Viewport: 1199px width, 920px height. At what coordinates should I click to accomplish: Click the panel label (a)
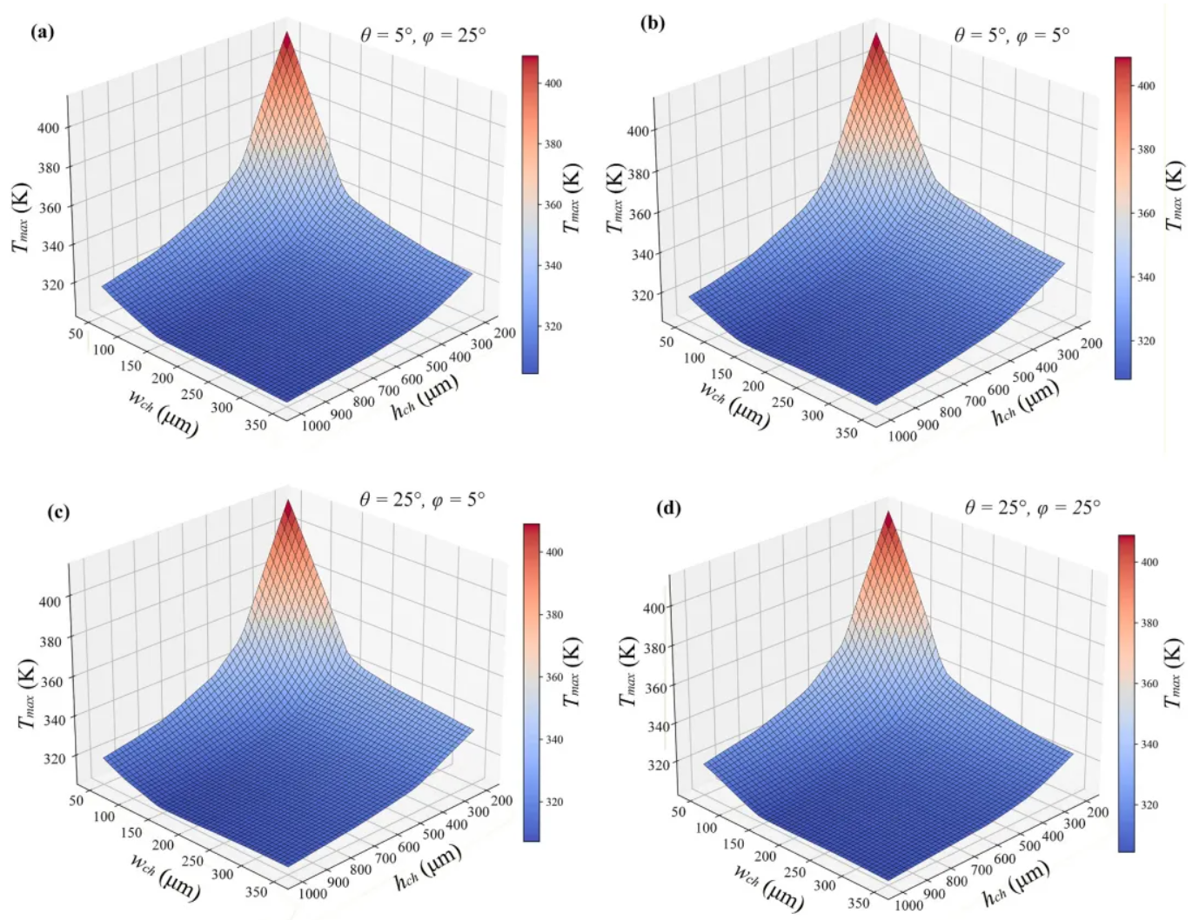(x=42, y=33)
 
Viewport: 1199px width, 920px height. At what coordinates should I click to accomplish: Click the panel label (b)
(x=652, y=23)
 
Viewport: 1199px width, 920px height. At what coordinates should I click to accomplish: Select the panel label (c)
(x=58, y=511)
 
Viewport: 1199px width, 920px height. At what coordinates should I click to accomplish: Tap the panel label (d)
(x=668, y=508)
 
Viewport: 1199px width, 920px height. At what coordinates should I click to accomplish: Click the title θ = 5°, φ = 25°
(x=423, y=36)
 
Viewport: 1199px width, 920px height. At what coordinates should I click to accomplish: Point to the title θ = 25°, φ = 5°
(x=422, y=500)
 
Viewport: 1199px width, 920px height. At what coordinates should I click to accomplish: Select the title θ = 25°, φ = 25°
(x=1032, y=507)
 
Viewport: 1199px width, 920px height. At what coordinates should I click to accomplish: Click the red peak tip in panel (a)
(x=287, y=33)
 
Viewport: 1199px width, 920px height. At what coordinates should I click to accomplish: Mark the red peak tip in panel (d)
(x=888, y=513)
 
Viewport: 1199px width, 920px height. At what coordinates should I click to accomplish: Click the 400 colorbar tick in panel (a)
(x=553, y=83)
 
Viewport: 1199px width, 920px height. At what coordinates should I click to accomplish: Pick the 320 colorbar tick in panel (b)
(x=1146, y=341)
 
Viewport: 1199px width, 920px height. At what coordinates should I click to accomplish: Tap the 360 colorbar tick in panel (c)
(x=553, y=677)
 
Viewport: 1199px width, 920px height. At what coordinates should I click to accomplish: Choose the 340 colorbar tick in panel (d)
(x=1149, y=744)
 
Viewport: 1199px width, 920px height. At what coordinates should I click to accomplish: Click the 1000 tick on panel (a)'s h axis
(x=315, y=425)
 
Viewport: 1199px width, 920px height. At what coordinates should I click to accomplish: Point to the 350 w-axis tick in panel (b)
(x=846, y=432)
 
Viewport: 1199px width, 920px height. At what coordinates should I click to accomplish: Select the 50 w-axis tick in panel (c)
(x=77, y=800)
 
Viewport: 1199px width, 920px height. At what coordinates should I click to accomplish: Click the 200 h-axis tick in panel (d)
(x=1098, y=812)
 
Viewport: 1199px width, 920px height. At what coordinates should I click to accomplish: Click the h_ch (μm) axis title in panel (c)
(x=427, y=869)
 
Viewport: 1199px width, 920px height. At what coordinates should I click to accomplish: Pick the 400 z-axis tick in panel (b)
(x=638, y=131)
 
